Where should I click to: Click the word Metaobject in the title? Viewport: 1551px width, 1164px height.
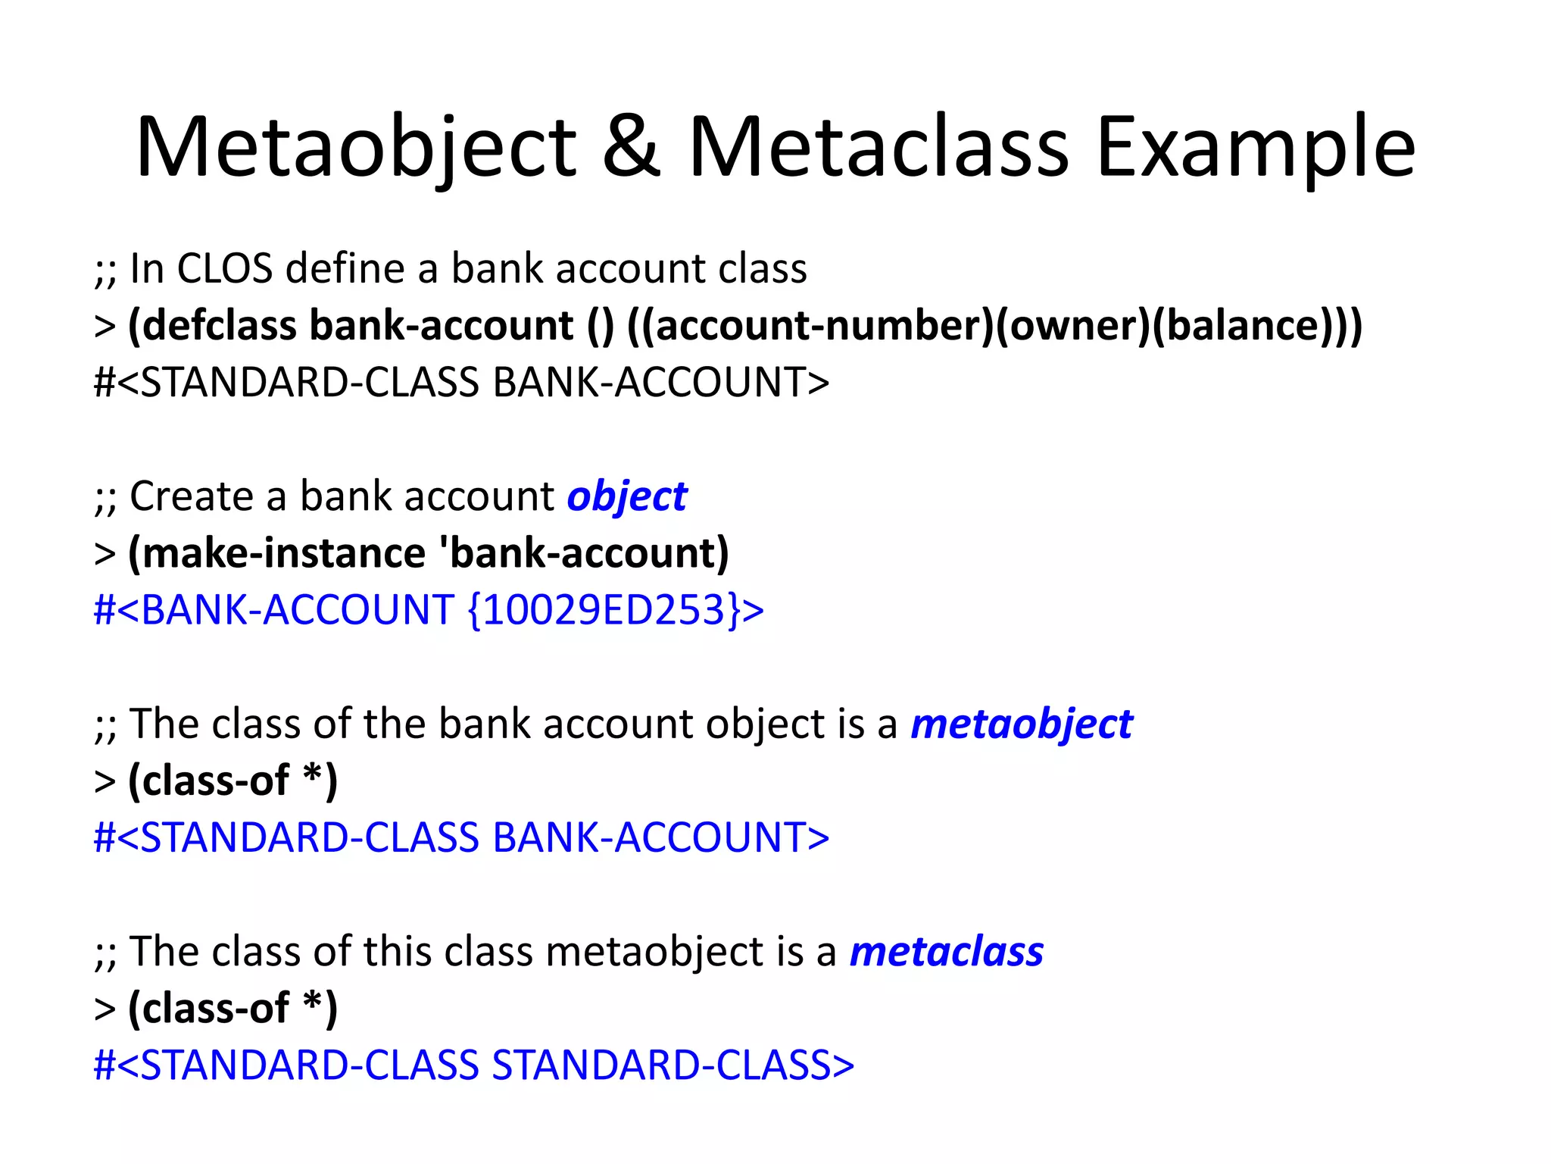356,148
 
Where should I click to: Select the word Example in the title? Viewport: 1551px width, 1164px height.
1256,148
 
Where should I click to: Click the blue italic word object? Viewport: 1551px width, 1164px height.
627,497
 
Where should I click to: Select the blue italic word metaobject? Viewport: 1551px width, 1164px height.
1021,724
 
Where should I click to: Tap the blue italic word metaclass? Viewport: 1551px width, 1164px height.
947,952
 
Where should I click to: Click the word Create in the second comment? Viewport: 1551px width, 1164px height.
192,497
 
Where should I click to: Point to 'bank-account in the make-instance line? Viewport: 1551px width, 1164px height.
580,553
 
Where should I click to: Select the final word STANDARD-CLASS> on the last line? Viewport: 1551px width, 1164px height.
673,1065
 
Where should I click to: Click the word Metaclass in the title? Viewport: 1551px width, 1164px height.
878,148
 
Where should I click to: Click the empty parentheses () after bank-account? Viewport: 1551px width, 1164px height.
600,326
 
